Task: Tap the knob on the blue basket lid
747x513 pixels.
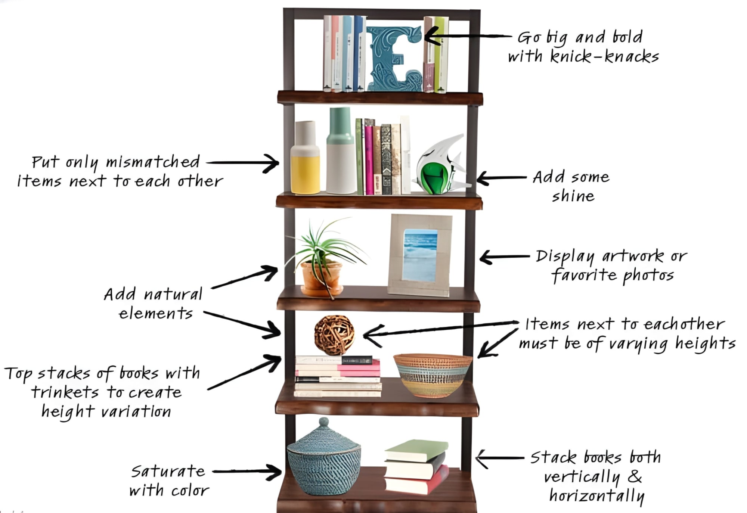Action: (x=323, y=422)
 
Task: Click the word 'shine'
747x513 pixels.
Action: (x=573, y=196)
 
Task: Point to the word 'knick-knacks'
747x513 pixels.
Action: (x=605, y=57)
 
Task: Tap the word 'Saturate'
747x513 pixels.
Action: (x=168, y=471)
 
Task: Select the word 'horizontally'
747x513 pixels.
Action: (x=597, y=496)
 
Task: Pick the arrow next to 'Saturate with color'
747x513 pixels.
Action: (x=248, y=472)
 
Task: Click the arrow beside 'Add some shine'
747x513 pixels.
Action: (x=500, y=178)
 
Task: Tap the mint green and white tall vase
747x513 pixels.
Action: (x=340, y=153)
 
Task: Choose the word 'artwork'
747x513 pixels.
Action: (x=633, y=256)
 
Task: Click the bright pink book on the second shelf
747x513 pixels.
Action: (x=369, y=161)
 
